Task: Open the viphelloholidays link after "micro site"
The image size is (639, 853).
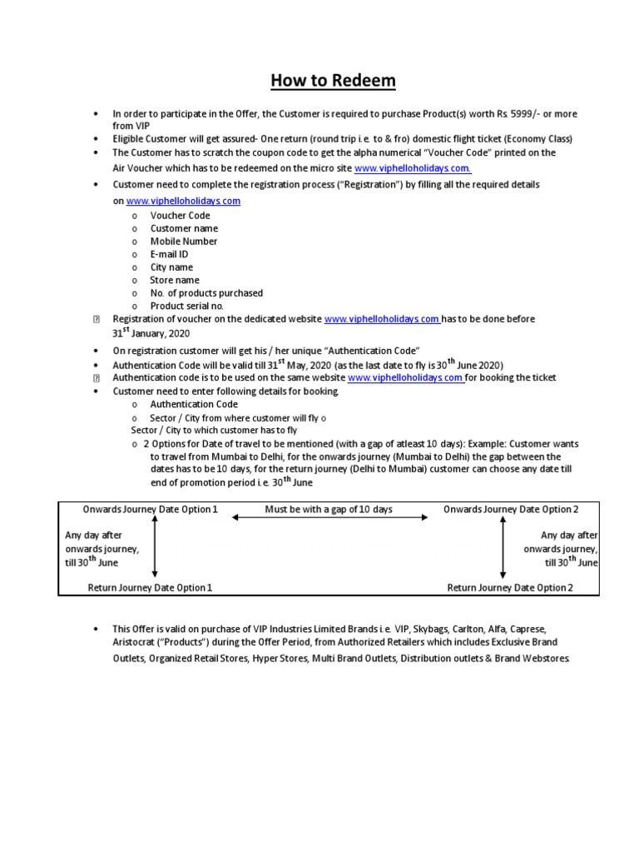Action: coord(413,168)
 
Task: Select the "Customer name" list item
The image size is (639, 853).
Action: coord(184,228)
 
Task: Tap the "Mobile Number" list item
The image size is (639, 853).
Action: coord(184,242)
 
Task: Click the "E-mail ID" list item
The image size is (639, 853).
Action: coord(171,254)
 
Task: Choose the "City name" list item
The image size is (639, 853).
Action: coord(171,267)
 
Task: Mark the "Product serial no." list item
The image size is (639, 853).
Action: coord(188,307)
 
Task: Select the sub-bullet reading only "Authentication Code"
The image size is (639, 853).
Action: coord(194,404)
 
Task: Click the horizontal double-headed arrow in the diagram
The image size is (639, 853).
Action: coord(330,517)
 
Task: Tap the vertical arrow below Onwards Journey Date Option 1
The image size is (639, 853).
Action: coord(155,547)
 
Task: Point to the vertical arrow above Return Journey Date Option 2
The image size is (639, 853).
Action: coord(502,547)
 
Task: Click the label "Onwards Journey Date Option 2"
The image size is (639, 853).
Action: coord(509,509)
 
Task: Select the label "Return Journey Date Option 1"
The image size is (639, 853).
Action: coord(151,587)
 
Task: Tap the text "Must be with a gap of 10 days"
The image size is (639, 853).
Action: coord(329,509)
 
